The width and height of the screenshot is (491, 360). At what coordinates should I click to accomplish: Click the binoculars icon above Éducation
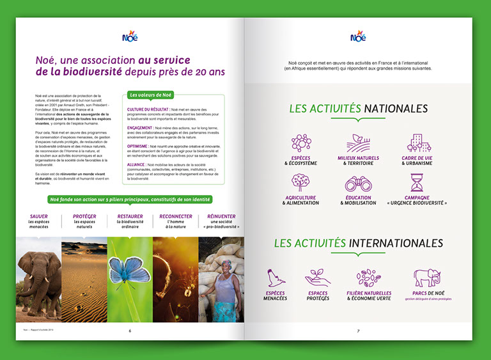point(358,182)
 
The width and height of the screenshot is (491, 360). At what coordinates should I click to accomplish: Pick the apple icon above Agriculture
point(300,182)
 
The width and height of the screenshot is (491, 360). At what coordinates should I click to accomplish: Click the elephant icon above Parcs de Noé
point(426,278)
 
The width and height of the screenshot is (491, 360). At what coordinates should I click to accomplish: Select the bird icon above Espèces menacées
point(276,278)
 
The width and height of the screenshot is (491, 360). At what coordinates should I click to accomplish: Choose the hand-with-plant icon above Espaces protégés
point(317,277)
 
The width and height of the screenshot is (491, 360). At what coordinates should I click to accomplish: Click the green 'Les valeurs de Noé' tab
point(152,95)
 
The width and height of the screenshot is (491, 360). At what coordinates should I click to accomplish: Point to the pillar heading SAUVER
point(39,217)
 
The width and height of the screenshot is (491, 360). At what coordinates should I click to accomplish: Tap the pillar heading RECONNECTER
point(176,217)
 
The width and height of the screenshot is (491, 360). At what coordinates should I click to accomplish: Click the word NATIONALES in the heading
point(395,109)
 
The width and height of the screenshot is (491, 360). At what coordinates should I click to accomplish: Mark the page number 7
point(358,331)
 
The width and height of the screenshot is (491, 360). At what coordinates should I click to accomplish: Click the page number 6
point(130,331)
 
